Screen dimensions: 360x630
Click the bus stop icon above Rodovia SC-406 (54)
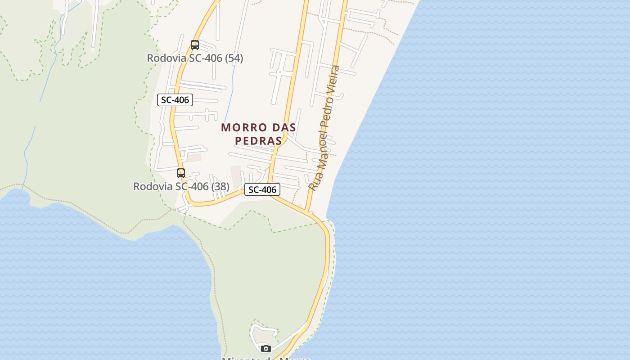[195, 45]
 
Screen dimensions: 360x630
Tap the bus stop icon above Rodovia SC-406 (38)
[181, 173]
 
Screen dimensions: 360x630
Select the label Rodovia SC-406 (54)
[195, 58]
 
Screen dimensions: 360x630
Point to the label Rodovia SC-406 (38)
[181, 186]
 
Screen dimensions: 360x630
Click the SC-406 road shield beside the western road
[175, 100]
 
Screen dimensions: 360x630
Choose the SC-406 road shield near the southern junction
[262, 189]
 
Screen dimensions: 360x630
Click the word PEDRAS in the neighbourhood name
[258, 141]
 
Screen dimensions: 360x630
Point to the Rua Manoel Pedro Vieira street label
[324, 128]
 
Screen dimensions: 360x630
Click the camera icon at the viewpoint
[266, 348]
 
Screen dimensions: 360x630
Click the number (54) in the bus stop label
[234, 58]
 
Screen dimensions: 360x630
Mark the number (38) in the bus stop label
[220, 186]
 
